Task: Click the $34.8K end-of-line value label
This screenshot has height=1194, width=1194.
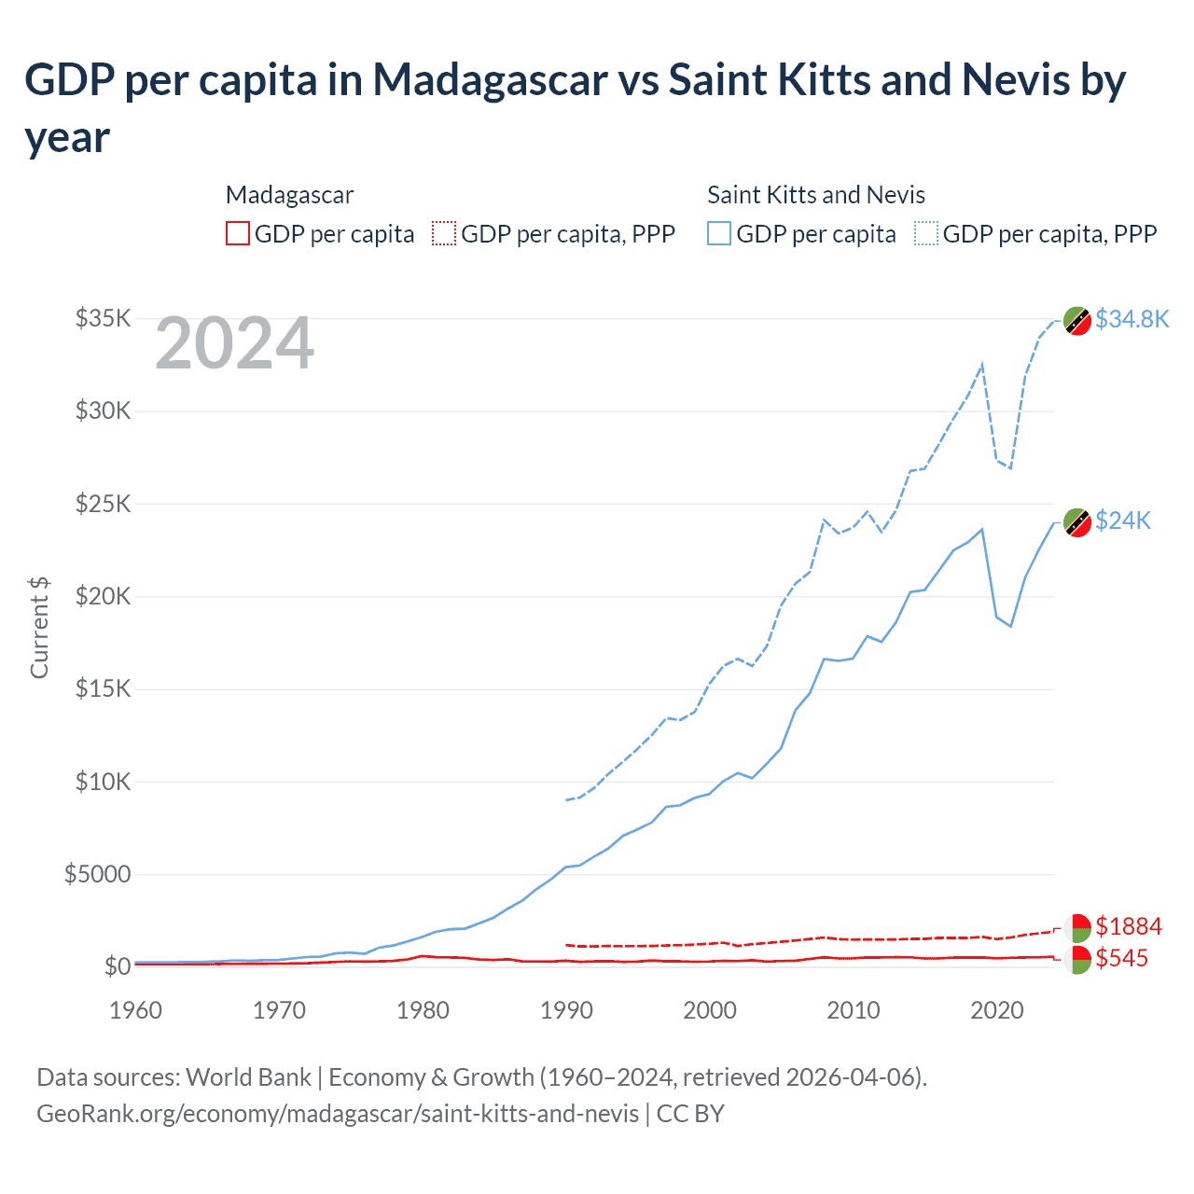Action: tap(1132, 319)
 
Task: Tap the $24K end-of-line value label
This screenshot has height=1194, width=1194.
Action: tap(1123, 521)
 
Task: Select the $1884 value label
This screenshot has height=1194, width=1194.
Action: tap(1128, 926)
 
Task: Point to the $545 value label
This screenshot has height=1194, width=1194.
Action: tap(1121, 958)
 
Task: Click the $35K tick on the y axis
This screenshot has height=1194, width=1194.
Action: tap(103, 319)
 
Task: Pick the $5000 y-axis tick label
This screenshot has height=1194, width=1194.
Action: tap(97, 874)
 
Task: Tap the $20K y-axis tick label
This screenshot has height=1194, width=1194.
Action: tap(103, 596)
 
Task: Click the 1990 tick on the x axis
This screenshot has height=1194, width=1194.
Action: tap(566, 1010)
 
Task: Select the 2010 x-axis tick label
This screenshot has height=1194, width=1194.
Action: tap(854, 1010)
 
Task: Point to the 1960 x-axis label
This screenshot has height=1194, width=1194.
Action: tap(135, 1010)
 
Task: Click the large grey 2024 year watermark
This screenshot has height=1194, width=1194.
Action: tap(234, 344)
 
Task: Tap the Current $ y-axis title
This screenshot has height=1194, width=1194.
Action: tap(39, 627)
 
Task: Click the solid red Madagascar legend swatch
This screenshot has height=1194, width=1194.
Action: tap(238, 233)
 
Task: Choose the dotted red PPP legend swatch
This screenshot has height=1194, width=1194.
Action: tap(444, 233)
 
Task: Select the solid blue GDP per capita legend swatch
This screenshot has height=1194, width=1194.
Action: tap(719, 233)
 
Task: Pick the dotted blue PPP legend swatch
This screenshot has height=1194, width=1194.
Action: tap(926, 233)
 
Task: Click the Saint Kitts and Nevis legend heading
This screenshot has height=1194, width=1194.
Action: tap(815, 195)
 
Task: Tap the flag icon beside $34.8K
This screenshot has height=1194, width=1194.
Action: tap(1077, 320)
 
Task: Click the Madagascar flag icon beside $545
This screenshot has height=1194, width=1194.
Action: tap(1077, 959)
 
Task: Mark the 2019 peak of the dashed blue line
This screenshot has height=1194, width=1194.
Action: tap(981, 365)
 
